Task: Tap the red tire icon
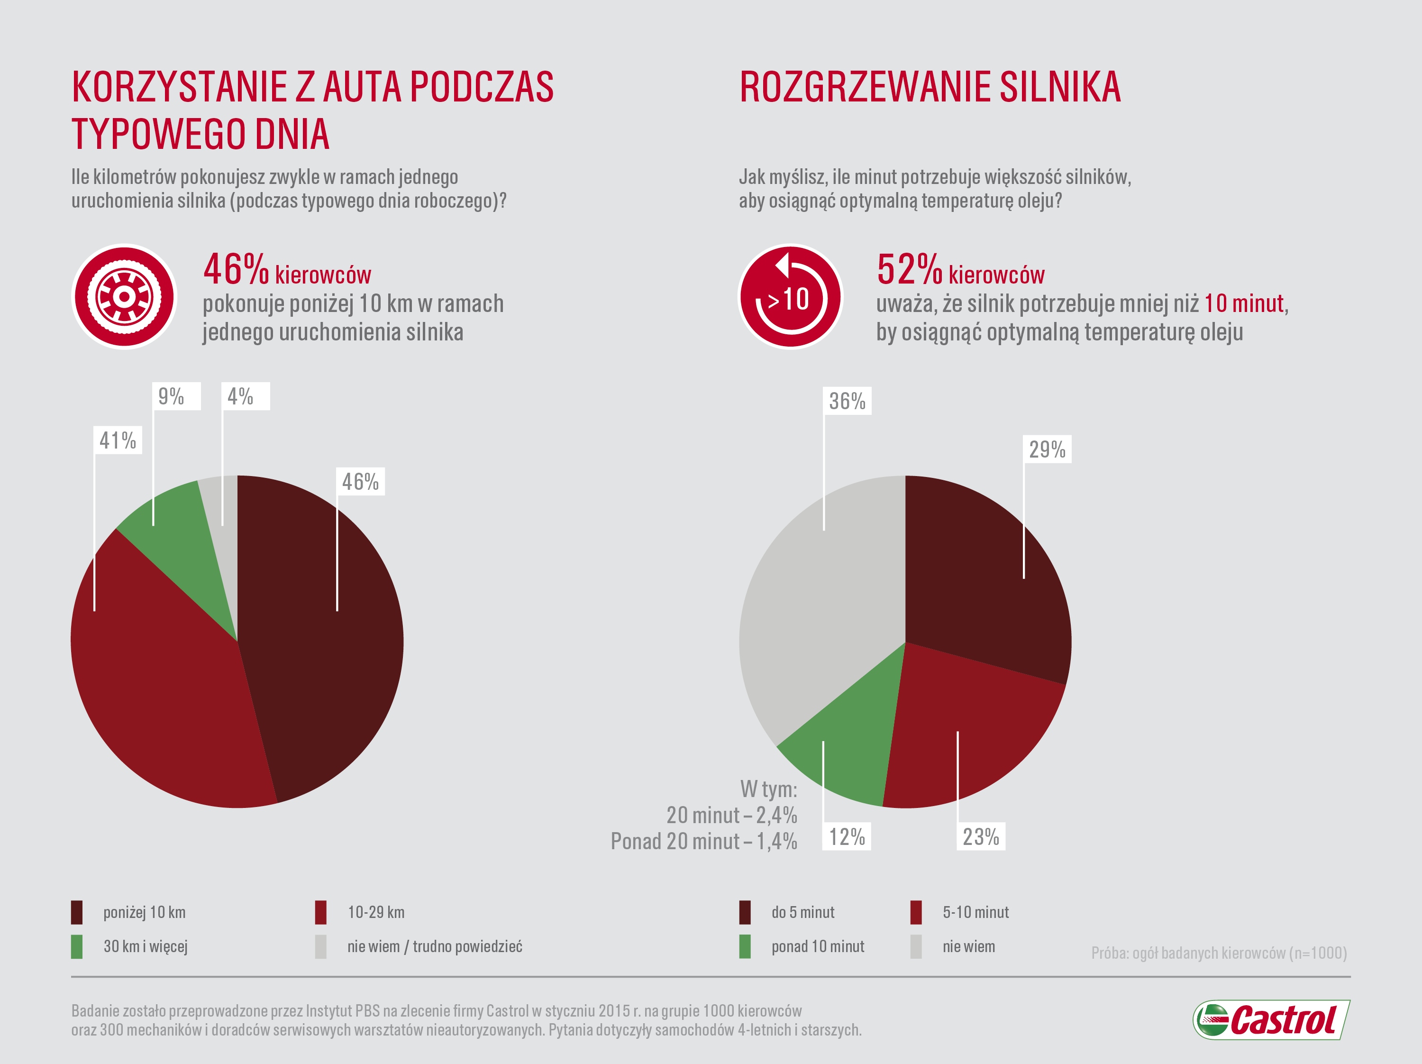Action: tap(124, 297)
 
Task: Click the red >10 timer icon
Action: tap(790, 297)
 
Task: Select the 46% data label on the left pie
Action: tap(360, 482)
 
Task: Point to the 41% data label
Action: tap(118, 440)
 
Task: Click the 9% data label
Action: tap(172, 396)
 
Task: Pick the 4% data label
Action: tap(241, 396)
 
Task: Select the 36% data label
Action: tap(848, 401)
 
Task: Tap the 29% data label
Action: tap(1047, 449)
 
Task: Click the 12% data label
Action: tap(847, 836)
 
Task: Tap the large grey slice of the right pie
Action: tap(816, 605)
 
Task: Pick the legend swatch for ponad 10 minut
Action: tap(745, 946)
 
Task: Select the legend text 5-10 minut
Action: tap(975, 912)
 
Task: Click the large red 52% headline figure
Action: tap(909, 270)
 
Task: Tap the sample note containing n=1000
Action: tap(1219, 953)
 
